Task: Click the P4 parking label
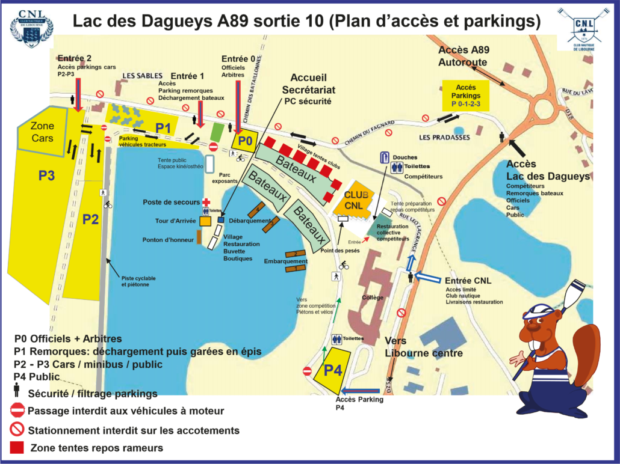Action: [333, 370]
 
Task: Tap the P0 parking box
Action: [244, 141]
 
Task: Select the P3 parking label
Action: [46, 176]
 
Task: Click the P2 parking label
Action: [90, 219]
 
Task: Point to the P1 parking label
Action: [163, 127]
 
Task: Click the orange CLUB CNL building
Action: [356, 200]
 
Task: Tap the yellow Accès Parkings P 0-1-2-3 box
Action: [465, 96]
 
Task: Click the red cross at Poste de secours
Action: [206, 203]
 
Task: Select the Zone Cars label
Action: [42, 132]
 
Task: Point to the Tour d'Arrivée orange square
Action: [205, 221]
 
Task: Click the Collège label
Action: [373, 298]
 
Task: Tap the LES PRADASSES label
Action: [444, 137]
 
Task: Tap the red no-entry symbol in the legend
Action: [17, 411]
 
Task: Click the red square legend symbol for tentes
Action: [17, 448]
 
